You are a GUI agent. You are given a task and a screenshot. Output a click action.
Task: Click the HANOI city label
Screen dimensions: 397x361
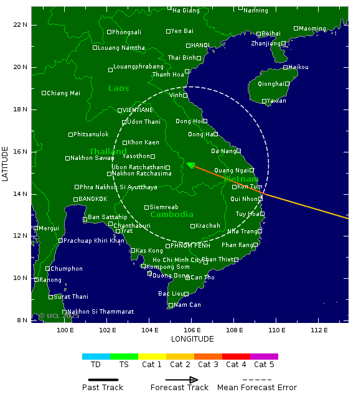point(200,45)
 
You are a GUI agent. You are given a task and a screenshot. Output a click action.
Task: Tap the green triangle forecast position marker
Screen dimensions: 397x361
point(191,165)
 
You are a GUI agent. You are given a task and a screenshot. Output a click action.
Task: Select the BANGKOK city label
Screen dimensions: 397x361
point(93,199)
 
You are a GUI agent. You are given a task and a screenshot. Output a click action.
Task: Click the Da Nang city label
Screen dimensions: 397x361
point(223,151)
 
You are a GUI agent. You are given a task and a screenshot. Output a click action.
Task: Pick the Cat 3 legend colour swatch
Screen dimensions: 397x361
point(208,357)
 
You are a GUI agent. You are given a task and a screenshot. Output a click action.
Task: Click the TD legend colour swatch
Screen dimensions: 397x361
point(96,357)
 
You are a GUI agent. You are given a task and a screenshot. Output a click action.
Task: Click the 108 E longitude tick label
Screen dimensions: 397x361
point(234,330)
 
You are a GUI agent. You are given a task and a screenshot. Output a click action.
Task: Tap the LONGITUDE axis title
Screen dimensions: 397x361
point(192,339)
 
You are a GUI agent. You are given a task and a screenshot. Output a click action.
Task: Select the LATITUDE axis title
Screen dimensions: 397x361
point(6,164)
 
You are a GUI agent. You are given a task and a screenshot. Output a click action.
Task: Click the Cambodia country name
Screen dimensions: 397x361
point(172,215)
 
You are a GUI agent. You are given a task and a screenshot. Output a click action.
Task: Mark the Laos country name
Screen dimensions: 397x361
point(119,88)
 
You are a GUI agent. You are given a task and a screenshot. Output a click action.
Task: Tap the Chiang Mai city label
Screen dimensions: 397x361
point(63,93)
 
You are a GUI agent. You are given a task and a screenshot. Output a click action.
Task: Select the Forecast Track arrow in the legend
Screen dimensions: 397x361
point(181,380)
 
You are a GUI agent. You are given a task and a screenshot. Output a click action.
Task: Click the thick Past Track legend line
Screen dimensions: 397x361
point(103,380)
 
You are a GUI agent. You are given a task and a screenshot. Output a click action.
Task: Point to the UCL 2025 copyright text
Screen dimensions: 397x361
point(59,316)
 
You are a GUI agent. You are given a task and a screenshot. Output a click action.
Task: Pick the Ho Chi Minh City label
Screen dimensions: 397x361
point(177,260)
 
